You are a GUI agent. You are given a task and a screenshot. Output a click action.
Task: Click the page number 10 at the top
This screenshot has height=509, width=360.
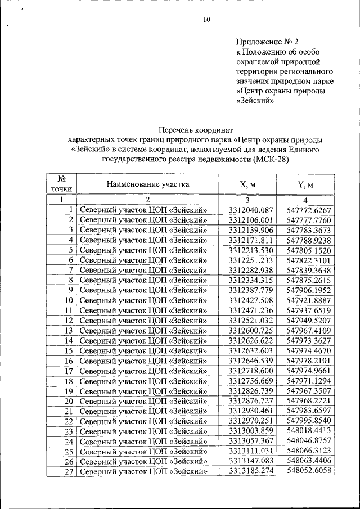click(x=206, y=20)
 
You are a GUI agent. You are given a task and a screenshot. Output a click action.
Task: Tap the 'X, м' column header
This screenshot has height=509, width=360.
click(x=247, y=184)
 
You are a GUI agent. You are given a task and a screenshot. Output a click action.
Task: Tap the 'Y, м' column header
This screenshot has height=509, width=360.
click(x=305, y=184)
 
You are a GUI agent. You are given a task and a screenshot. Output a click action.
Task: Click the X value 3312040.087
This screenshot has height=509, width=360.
click(x=250, y=210)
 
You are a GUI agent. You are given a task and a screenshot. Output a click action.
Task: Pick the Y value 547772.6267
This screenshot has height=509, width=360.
click(x=309, y=210)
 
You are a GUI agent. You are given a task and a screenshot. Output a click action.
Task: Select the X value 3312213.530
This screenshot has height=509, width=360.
click(x=250, y=250)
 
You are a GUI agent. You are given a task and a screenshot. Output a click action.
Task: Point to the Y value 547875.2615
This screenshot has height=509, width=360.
click(x=309, y=280)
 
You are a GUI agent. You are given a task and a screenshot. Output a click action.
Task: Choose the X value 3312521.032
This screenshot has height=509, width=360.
click(x=250, y=320)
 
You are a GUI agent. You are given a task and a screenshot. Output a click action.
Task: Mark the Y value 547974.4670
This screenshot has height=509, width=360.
click(x=309, y=350)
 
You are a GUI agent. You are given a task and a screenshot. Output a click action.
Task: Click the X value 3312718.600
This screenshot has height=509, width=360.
click(x=250, y=370)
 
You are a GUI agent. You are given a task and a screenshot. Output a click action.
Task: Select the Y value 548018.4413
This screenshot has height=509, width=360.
click(x=309, y=431)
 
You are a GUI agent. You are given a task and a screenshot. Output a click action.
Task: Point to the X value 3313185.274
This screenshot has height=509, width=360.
click(x=250, y=471)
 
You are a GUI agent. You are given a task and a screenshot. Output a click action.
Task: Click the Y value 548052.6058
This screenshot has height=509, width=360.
click(x=309, y=471)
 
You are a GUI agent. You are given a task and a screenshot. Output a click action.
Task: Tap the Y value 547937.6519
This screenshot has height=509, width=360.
click(x=309, y=310)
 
